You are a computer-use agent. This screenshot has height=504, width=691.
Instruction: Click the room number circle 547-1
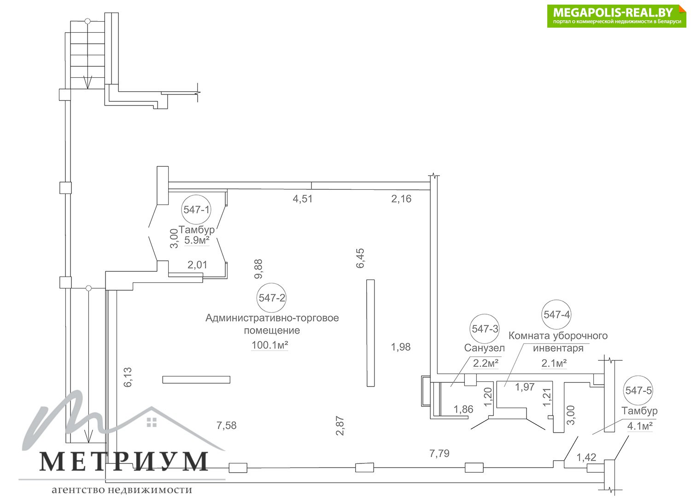[196, 210]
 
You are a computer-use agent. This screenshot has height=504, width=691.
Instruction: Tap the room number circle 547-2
[271, 298]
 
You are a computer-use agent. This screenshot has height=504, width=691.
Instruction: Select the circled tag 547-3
[485, 329]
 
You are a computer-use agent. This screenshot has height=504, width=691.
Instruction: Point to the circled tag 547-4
[556, 314]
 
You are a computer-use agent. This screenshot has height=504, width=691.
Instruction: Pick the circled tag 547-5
[638, 391]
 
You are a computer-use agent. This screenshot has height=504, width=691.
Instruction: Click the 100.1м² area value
[270, 345]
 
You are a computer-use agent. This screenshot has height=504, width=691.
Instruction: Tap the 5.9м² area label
[197, 240]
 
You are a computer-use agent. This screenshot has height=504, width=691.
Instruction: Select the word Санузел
[484, 348]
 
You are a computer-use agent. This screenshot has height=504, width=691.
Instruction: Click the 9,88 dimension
[258, 269]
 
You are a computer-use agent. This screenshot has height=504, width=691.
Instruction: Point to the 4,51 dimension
[303, 199]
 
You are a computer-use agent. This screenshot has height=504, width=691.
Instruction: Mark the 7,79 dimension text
[439, 453]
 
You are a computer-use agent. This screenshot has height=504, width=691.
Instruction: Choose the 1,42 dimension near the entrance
[586, 457]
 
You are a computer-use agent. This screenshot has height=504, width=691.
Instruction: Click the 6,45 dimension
[360, 258]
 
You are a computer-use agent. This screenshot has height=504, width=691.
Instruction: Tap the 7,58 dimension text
[227, 425]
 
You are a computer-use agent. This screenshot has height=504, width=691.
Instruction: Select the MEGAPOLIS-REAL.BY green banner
[617, 16]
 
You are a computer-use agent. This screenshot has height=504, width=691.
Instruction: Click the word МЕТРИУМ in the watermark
[124, 461]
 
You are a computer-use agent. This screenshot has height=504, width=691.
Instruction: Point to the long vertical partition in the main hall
[370, 333]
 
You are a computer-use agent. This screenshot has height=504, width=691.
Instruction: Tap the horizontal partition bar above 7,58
[196, 380]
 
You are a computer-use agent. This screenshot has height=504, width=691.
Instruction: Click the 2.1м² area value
[554, 363]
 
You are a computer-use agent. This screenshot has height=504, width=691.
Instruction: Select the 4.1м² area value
[640, 426]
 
